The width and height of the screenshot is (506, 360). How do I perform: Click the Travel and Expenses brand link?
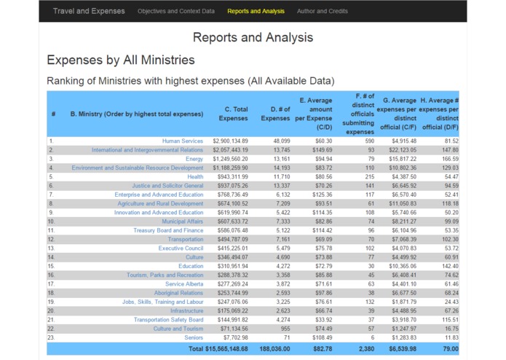click(x=89, y=11)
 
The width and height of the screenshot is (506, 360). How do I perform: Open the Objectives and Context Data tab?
click(x=176, y=11)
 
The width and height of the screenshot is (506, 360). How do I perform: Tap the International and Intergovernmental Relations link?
click(x=147, y=149)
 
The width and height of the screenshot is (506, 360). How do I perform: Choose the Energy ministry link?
click(x=194, y=159)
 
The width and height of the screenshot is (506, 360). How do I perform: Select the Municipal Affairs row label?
click(x=182, y=222)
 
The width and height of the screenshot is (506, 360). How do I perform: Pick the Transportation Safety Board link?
click(x=168, y=320)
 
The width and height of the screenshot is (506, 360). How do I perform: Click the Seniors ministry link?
click(x=194, y=338)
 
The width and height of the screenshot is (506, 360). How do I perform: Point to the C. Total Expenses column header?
click(x=233, y=114)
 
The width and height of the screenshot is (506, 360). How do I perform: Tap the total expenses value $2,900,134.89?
click(x=230, y=141)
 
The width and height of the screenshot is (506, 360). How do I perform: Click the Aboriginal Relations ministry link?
click(x=178, y=293)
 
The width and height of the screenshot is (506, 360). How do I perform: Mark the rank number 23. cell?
click(x=52, y=338)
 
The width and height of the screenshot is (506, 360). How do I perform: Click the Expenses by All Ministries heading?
click(x=120, y=60)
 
